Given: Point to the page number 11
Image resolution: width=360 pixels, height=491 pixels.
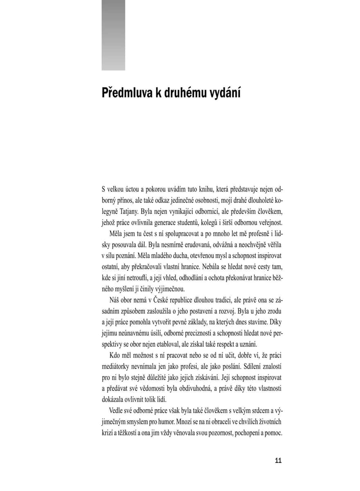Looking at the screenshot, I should tap(278, 461).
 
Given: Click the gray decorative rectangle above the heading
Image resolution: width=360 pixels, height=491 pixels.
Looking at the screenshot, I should tap(113, 35).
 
